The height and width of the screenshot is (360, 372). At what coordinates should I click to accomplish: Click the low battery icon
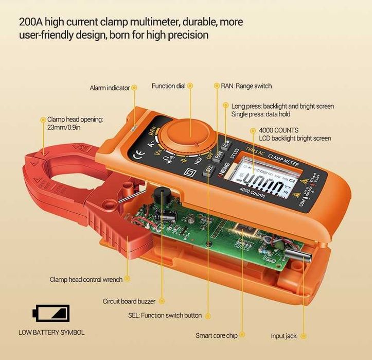tap(51, 312)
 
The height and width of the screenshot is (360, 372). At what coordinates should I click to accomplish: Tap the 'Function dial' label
tap(168, 86)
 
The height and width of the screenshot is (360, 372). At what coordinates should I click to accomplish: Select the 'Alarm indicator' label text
tap(110, 88)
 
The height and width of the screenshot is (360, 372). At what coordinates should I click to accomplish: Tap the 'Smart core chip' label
tap(216, 336)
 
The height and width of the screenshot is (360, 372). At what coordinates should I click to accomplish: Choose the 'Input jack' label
tap(284, 336)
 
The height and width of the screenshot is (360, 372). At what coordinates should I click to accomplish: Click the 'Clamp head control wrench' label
tap(86, 280)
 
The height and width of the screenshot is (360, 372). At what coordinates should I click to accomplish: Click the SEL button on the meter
tap(208, 169)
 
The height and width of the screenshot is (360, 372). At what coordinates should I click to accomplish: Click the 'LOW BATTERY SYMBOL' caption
tap(51, 332)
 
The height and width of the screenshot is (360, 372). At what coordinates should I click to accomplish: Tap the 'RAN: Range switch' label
tap(246, 86)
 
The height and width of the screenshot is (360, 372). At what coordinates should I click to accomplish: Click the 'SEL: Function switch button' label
tap(165, 315)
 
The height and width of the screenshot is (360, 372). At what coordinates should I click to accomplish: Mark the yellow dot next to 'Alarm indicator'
tap(135, 88)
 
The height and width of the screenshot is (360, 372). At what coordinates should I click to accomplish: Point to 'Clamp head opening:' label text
tap(75, 119)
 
